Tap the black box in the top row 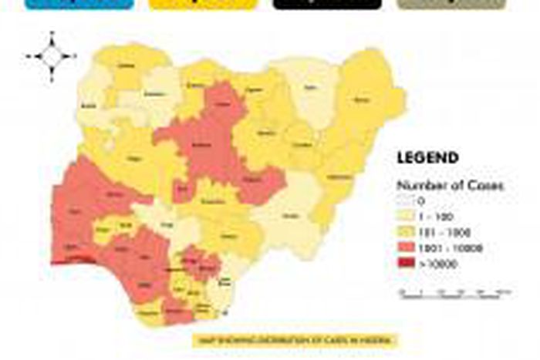[327, 4]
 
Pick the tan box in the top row [451, 4]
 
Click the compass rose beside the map [51, 56]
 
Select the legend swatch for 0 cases [405, 202]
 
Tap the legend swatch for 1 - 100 [405, 217]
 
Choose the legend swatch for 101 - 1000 [405, 231]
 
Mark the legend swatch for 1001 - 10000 [405, 247]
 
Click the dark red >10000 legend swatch [405, 263]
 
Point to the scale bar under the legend [456, 292]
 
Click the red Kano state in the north [222, 100]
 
